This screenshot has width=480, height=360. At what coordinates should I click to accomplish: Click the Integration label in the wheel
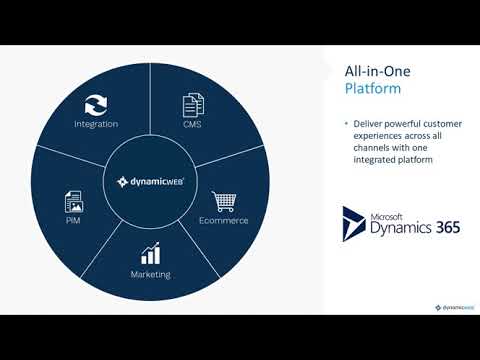96,125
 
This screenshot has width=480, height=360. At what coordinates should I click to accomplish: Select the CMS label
192,125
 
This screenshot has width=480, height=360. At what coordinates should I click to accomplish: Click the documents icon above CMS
192,103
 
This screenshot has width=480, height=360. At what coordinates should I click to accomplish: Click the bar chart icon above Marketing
151,253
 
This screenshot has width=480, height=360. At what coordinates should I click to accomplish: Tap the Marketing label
151,274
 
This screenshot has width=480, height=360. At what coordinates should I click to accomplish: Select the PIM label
73,220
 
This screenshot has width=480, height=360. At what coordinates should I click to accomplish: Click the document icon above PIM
73,199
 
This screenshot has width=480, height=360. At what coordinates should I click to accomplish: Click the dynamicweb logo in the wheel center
151,183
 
